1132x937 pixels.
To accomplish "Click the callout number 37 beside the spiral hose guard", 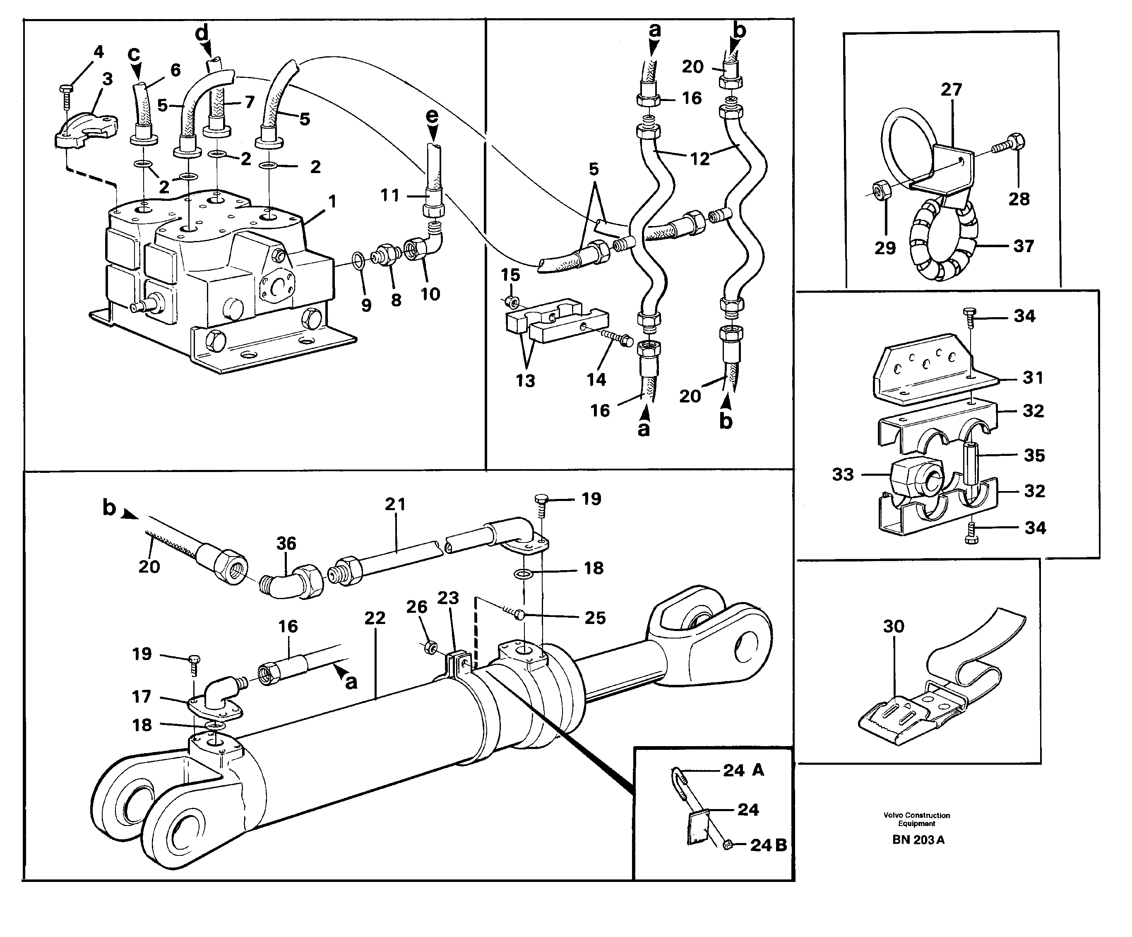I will click(x=1023, y=246).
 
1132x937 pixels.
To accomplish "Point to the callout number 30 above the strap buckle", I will click(x=893, y=626).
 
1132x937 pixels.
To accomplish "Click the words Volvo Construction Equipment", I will click(x=916, y=819).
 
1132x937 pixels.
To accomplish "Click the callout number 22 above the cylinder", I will click(x=375, y=618).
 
